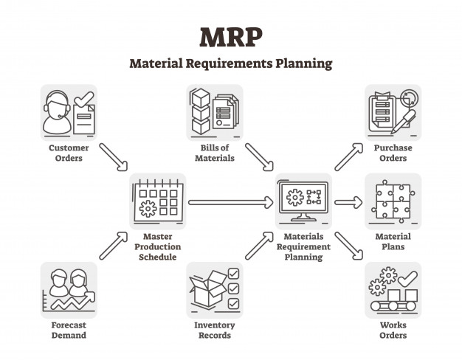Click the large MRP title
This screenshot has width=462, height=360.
230,37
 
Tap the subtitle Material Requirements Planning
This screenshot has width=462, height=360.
230,63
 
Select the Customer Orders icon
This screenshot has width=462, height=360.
69,112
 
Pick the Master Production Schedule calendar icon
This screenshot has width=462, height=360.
157,201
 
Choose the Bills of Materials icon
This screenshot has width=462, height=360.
215,112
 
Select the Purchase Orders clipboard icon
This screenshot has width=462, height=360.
393,112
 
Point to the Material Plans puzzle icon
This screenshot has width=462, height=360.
393,201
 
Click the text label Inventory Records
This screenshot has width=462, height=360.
215,330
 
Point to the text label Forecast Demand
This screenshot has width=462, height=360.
69,330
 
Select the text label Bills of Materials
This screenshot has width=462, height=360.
215,153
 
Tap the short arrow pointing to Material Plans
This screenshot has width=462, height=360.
348,201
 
